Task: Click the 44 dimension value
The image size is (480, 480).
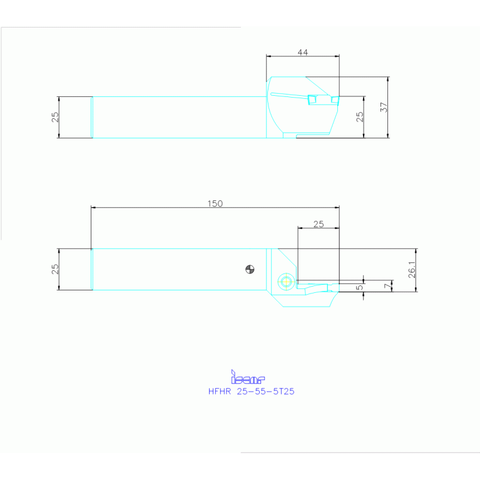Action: tap(302, 53)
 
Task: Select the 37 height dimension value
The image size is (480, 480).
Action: tap(384, 107)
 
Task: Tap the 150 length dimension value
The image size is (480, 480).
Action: tap(215, 203)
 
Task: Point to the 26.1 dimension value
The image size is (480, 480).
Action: tap(412, 269)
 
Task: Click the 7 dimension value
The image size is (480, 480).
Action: tap(387, 285)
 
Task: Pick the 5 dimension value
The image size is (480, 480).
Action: tap(359, 288)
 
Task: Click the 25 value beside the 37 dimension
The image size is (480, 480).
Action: tap(360, 116)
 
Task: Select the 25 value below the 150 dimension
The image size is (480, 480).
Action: tap(319, 224)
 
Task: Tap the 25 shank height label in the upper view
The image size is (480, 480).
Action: tap(55, 117)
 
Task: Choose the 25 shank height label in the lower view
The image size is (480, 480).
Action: tap(55, 268)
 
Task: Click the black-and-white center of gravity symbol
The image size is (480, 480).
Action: tap(250, 270)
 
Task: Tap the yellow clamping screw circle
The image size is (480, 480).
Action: tap(287, 281)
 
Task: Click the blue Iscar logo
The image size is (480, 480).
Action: tap(248, 377)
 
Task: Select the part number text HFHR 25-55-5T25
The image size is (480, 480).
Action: tap(251, 391)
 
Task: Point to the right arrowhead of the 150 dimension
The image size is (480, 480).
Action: tap(337, 207)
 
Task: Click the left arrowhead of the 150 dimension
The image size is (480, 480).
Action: tap(94, 207)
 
